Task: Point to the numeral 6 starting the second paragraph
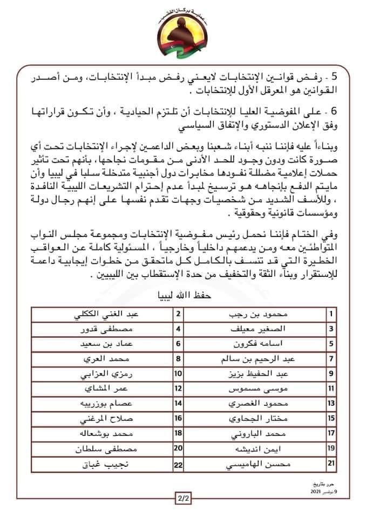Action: click(x=334, y=111)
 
